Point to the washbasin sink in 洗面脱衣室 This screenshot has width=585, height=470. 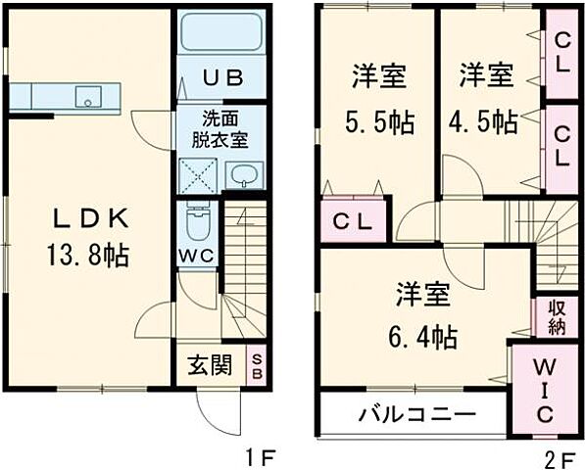click(x=244, y=176)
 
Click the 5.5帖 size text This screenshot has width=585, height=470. click(x=378, y=121)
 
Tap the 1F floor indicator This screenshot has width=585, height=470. click(x=258, y=455)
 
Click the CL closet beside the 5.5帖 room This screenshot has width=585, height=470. click(x=351, y=221)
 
